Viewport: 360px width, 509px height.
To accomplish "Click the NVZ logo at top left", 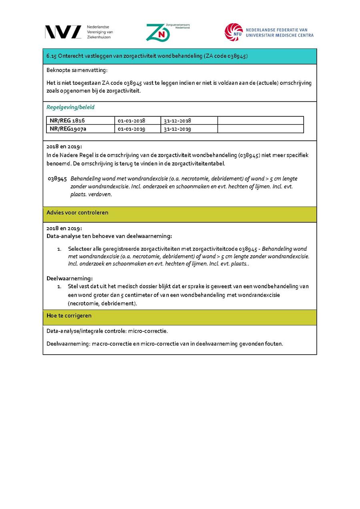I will pyautogui.click(x=63, y=32).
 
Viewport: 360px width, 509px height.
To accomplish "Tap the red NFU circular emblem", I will pyautogui.click(x=233, y=32).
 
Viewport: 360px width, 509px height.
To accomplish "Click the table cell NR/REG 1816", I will pyautogui.click(x=67, y=120).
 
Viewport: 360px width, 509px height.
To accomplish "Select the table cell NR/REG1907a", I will pyautogui.click(x=68, y=129).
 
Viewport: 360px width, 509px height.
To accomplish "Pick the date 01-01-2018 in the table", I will pyautogui.click(x=132, y=120).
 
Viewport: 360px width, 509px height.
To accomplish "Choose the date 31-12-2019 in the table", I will pyautogui.click(x=177, y=129).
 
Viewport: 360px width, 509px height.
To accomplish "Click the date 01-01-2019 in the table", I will pyautogui.click(x=132, y=129).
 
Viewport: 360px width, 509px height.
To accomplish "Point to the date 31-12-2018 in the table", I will pyautogui.click(x=177, y=120).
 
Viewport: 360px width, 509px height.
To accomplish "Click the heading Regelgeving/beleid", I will pyautogui.click(x=70, y=107).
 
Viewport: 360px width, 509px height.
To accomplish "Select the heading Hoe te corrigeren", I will pyautogui.click(x=69, y=315).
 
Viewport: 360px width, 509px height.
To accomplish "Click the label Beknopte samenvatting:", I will pyautogui.click(x=77, y=70).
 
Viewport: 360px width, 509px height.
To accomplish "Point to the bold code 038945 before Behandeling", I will pyautogui.click(x=57, y=179).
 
